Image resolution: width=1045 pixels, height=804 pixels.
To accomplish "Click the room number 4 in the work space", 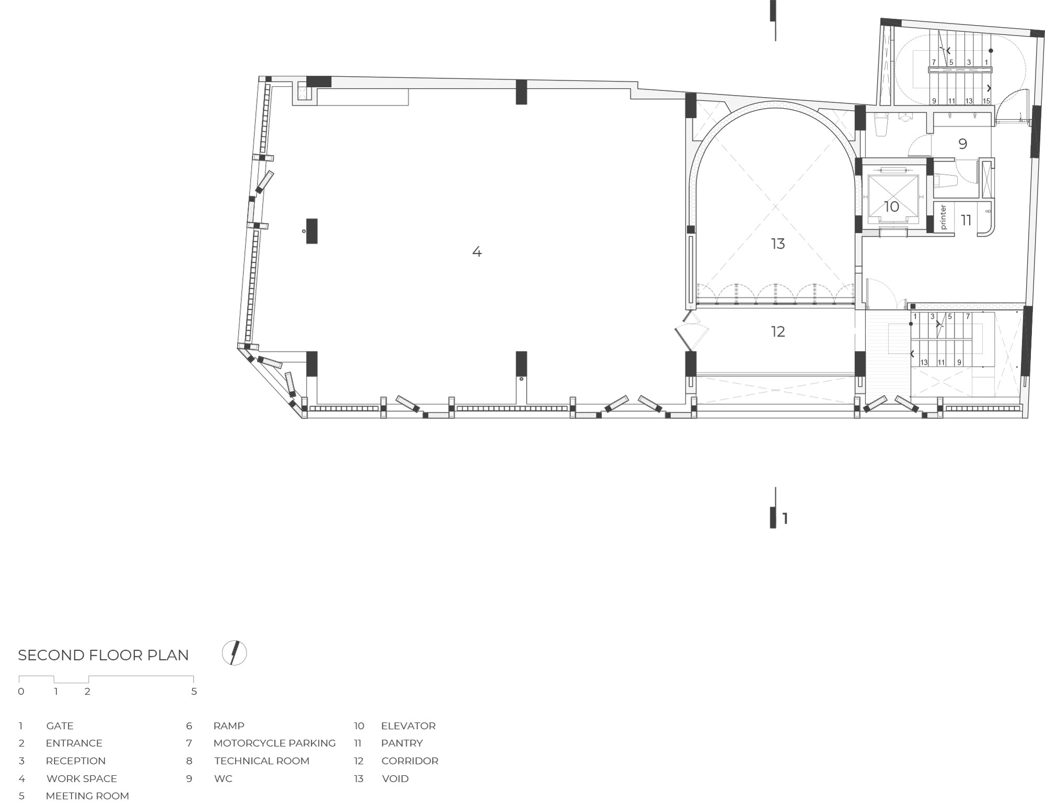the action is pyautogui.click(x=477, y=252).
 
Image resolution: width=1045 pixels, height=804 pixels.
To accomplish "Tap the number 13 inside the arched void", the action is pyautogui.click(x=778, y=243).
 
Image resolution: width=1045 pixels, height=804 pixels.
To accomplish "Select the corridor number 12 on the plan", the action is pyautogui.click(x=778, y=331).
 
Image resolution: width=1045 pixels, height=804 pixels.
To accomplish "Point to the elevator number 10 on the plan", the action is pyautogui.click(x=891, y=207).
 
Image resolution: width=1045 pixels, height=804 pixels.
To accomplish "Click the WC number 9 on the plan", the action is pyautogui.click(x=963, y=144).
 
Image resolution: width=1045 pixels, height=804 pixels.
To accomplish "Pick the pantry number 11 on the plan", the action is pyautogui.click(x=966, y=220).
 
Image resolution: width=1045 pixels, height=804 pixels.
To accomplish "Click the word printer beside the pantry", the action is pyautogui.click(x=943, y=217).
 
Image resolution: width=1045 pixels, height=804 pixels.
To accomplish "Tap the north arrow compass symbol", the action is pyautogui.click(x=234, y=652).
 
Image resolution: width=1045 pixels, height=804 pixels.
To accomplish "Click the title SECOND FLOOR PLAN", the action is pyautogui.click(x=103, y=655).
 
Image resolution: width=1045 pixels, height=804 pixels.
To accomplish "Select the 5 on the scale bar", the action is pyautogui.click(x=194, y=691).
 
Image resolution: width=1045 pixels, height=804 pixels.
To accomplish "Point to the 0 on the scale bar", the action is pyautogui.click(x=21, y=691).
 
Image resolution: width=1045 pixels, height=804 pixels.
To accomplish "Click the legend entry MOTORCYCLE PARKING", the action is pyautogui.click(x=274, y=743).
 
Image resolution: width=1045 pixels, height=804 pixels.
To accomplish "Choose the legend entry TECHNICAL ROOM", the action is pyautogui.click(x=262, y=761).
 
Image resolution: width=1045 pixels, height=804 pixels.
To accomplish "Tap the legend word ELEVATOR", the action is pyautogui.click(x=408, y=726).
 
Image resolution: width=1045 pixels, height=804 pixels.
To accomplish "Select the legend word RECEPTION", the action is pyautogui.click(x=76, y=761).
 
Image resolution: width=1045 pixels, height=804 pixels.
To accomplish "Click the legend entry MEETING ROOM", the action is pyautogui.click(x=87, y=796).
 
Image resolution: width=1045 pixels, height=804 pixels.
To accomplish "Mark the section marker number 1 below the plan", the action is pyautogui.click(x=785, y=518).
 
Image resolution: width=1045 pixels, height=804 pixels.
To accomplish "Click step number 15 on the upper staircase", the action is pyautogui.click(x=986, y=101).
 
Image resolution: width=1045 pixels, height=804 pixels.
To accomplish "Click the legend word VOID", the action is pyautogui.click(x=395, y=778).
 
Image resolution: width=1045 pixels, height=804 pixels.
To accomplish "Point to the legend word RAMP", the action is pyautogui.click(x=229, y=726).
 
